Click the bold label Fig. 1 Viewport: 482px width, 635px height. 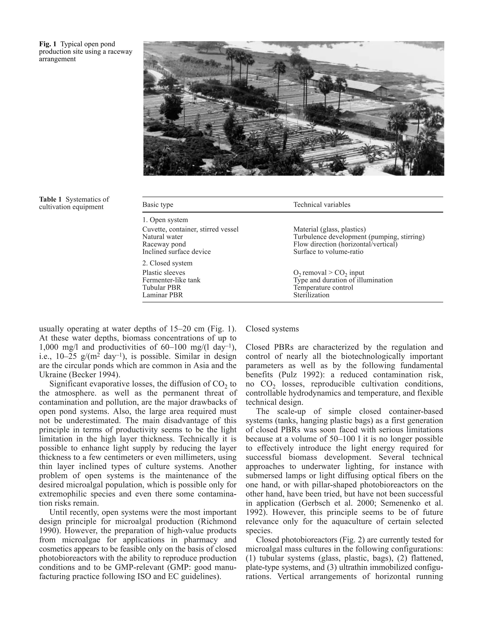coord(48,44)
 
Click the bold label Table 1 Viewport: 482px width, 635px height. coord(50,200)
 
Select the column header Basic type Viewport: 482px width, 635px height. coord(158,205)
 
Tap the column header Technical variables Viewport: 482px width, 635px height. coord(322,205)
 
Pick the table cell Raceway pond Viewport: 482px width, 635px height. coord(164,244)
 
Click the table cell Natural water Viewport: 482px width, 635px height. coord(162,237)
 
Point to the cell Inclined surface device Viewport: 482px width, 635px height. coord(177,252)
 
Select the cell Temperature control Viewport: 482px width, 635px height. coord(323,288)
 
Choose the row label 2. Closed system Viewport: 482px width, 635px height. coord(167,263)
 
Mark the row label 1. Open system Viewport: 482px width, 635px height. coord(165,220)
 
